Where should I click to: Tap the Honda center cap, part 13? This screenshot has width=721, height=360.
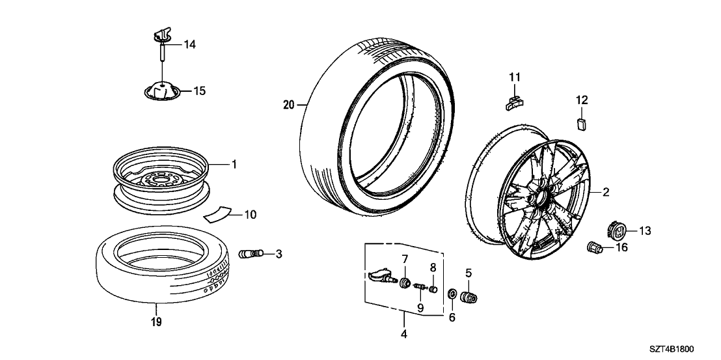coord(617,230)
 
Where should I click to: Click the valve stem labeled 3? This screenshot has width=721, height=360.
coord(249,253)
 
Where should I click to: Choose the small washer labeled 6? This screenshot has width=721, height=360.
coord(451,298)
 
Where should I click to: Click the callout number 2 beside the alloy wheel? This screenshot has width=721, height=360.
coord(605,192)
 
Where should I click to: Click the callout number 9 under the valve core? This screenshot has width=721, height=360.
coord(421,307)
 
